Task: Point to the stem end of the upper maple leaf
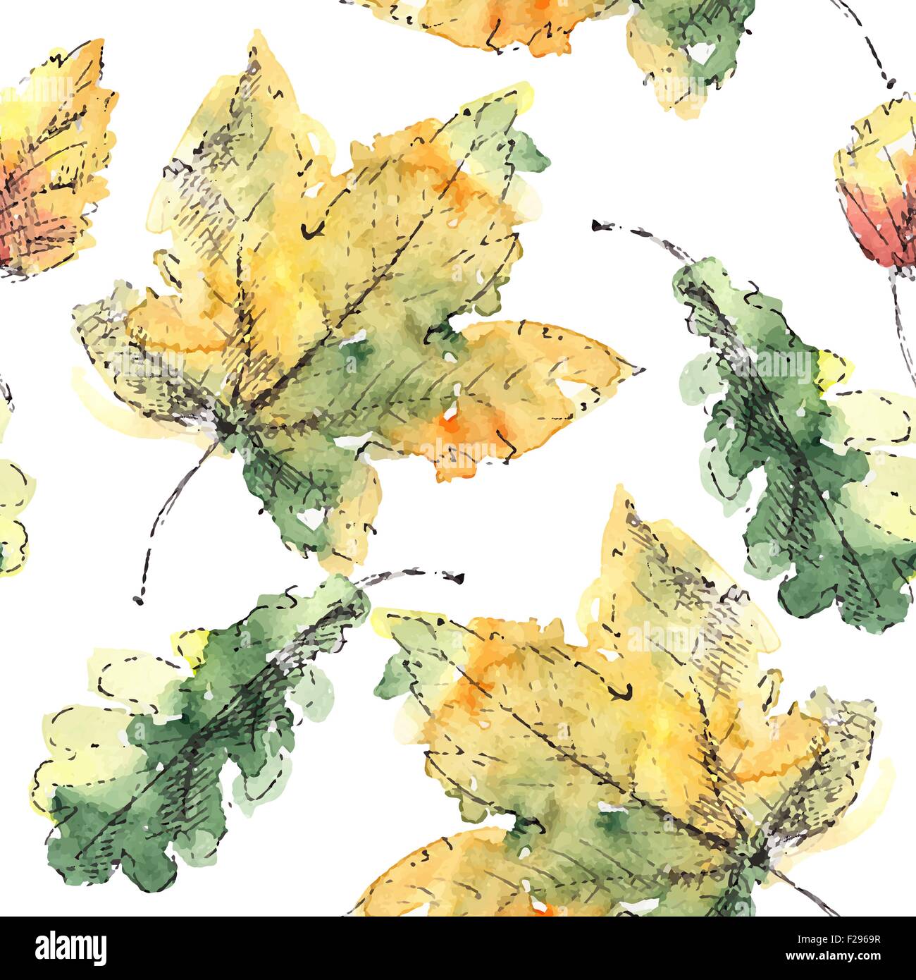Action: click(x=138, y=600)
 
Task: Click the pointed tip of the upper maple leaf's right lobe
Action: click(x=643, y=369)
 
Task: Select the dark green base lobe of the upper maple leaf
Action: click(x=296, y=486)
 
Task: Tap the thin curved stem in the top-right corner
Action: click(x=870, y=35)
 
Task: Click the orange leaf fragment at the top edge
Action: click(x=493, y=21)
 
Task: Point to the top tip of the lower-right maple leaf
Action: click(x=620, y=490)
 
